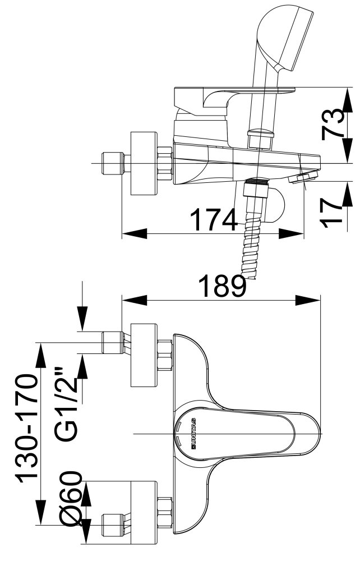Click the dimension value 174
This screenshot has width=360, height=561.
(x=214, y=220)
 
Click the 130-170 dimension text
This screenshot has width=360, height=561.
(x=26, y=427)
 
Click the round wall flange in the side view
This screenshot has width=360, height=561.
(x=144, y=163)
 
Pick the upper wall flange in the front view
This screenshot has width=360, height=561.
(x=144, y=355)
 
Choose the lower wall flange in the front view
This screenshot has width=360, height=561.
(x=144, y=512)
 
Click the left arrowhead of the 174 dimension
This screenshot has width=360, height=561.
(x=135, y=234)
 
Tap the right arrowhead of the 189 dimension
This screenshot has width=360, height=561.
(x=308, y=300)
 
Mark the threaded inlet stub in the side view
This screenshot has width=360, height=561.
(x=113, y=163)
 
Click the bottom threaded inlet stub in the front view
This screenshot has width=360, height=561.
(x=114, y=525)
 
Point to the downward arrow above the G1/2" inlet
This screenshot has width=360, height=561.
(x=82, y=306)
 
